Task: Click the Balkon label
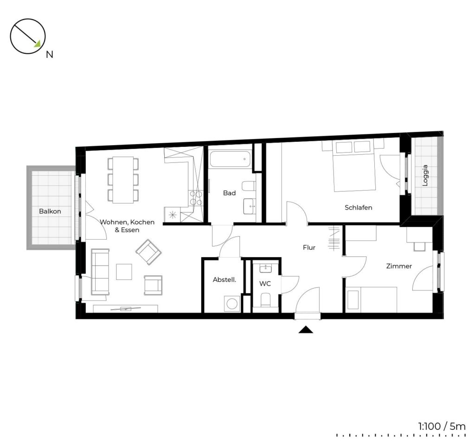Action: coord(50,211)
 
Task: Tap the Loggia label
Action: coord(425,175)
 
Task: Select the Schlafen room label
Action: coord(359,208)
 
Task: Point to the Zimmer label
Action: coord(399,266)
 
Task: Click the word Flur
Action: coord(309,248)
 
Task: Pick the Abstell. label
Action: coord(224,280)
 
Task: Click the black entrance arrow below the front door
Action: coord(306,330)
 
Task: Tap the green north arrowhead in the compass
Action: coord(38,44)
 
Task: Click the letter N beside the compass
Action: coord(49,55)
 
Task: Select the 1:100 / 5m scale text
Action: coord(442,426)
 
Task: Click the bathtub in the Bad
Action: coord(230,159)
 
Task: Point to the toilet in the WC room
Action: coord(265,299)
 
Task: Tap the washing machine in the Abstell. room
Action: coord(232,304)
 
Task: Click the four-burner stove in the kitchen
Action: coord(196,198)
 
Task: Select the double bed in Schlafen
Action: coord(354,166)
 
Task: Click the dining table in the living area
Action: coord(123,180)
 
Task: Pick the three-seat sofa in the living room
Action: coord(100,272)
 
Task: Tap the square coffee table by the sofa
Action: coord(124,272)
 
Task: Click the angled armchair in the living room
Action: coord(148,252)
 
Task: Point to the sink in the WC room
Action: coord(266,268)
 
